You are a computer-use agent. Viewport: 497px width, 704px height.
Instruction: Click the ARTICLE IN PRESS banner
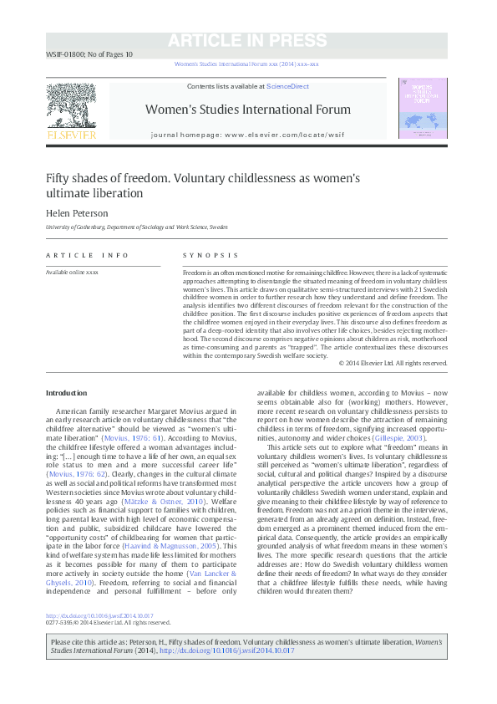click(x=247, y=41)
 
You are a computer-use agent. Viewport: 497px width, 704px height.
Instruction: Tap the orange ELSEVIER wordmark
click(x=71, y=134)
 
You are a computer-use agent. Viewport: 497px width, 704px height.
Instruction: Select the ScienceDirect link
click(x=287, y=86)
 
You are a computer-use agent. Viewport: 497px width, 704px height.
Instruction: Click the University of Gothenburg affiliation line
click(x=136, y=227)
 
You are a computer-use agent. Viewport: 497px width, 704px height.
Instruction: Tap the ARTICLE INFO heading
click(x=88, y=255)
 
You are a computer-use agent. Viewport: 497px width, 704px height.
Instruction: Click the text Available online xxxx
click(x=72, y=273)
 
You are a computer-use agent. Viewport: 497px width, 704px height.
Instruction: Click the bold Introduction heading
click(x=66, y=393)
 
